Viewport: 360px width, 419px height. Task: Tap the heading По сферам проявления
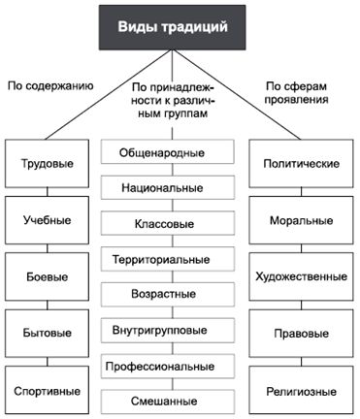[304, 93]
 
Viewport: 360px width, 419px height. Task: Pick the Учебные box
[46, 220]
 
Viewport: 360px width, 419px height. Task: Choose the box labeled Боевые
[46, 276]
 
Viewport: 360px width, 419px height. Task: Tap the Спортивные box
[46, 391]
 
